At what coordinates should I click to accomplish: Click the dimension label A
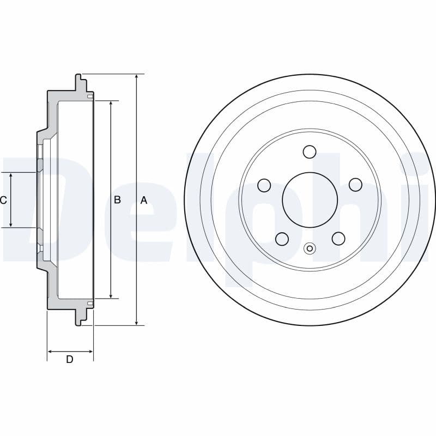pos(144,200)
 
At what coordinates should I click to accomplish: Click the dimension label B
pos(117,200)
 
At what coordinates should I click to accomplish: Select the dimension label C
pos(3,200)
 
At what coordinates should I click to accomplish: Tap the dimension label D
pos(70,359)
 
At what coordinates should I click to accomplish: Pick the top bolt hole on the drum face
pos(310,152)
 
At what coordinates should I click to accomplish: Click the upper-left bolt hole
pos(264,185)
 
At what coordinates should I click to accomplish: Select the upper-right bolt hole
pos(355,185)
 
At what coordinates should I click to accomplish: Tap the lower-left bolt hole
pos(282,239)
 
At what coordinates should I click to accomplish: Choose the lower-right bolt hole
pos(338,239)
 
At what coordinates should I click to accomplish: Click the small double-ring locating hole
pos(310,249)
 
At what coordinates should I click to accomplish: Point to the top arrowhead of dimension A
pos(136,77)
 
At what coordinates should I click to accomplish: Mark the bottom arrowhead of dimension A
pos(136,322)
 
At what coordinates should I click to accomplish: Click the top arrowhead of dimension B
pos(111,104)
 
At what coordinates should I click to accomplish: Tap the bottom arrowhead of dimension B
pos(111,295)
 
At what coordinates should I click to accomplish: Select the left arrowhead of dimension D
pos(50,352)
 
